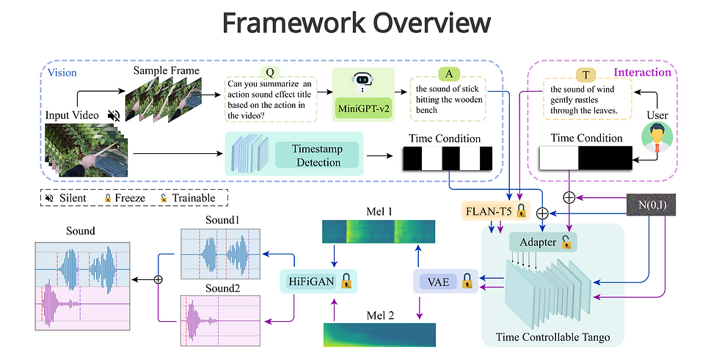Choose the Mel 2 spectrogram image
coord(379,334)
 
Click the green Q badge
coord(270,73)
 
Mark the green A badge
coord(448,73)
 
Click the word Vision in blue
coord(62,73)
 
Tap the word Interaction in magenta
coord(642,72)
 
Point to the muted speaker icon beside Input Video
coord(113,115)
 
